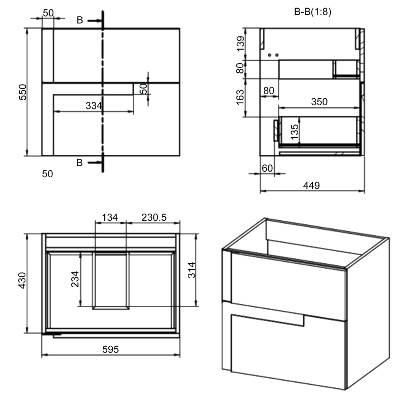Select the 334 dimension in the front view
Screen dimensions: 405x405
(x=94, y=106)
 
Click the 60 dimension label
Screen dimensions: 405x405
(x=267, y=168)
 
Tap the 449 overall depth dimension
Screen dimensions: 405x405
(x=311, y=186)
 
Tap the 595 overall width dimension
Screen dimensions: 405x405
(x=110, y=349)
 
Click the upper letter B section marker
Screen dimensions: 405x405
(x=80, y=20)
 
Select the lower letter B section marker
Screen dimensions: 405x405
(x=79, y=163)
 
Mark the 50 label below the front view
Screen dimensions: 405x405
(x=48, y=174)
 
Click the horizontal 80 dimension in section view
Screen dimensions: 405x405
(x=269, y=91)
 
